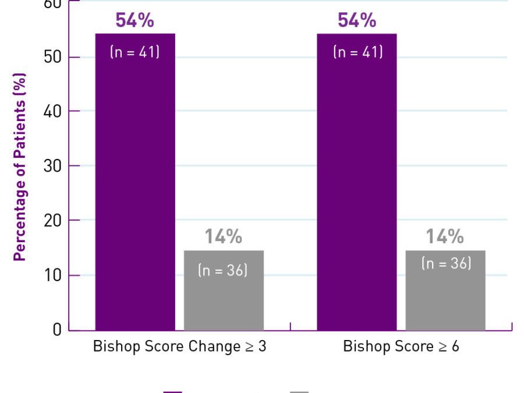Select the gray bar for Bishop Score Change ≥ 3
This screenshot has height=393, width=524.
[x=224, y=297]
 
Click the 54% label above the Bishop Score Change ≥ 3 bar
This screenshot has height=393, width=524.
[x=134, y=20]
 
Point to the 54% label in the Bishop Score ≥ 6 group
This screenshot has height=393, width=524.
[x=357, y=20]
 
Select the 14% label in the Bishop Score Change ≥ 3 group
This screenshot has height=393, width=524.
[x=223, y=237]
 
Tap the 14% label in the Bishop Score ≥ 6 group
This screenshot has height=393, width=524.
[x=445, y=237]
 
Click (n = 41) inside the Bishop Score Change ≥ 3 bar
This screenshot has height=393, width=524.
[x=134, y=52]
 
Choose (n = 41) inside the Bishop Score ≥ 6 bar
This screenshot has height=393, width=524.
[x=357, y=52]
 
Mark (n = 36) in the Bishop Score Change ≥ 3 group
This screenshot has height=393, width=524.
[x=223, y=270]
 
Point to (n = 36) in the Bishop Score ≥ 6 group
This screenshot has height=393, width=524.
[x=446, y=263]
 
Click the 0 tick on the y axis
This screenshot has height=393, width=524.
[x=56, y=330]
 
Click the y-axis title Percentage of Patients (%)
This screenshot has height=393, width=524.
[x=20, y=167]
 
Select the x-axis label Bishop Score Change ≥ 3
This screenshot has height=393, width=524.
[x=179, y=346]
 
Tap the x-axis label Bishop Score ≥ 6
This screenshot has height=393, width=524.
[x=401, y=346]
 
